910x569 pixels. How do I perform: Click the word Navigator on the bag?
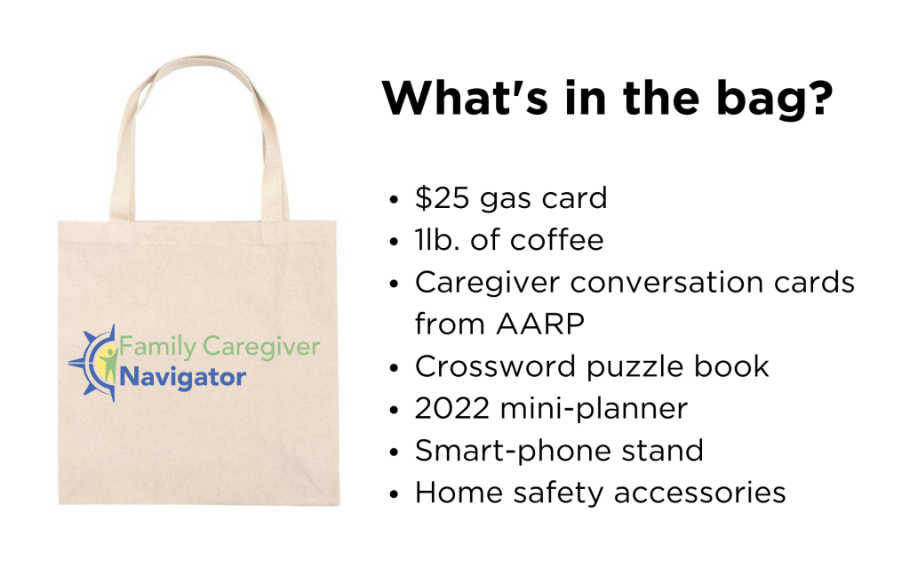pos(183,377)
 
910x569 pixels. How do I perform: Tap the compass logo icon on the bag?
pos(94,363)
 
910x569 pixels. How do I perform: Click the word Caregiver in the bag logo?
pos(261,348)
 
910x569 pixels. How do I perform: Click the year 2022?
pos(452,409)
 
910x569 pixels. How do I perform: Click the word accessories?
pos(699,493)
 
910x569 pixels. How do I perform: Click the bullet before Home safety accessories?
pos(395,494)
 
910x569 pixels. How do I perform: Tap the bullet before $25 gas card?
pos(395,200)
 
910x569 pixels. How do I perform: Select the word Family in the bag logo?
pos(157,348)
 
